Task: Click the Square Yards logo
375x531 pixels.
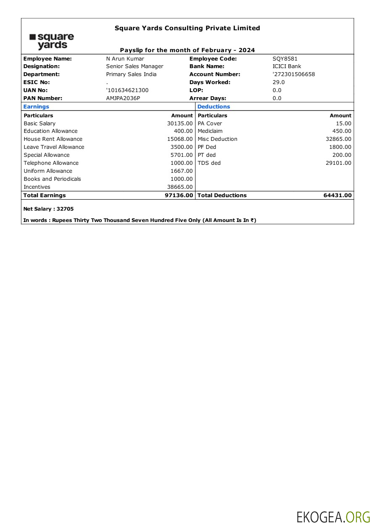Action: click(x=51, y=41)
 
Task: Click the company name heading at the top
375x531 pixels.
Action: click(x=187, y=28)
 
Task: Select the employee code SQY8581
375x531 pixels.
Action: click(x=285, y=59)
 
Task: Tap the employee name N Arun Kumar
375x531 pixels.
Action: click(x=125, y=59)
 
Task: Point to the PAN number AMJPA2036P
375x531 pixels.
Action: click(x=123, y=98)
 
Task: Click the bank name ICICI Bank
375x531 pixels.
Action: click(x=287, y=66)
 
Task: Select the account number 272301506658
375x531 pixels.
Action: click(x=294, y=74)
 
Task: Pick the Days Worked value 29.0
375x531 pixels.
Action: click(x=278, y=82)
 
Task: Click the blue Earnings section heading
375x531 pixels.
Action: click(x=36, y=107)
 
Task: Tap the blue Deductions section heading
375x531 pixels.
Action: click(x=214, y=107)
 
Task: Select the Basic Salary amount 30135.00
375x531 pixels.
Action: click(x=180, y=124)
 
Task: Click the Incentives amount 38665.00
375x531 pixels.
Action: click(x=180, y=187)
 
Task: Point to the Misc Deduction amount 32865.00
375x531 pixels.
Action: click(x=338, y=139)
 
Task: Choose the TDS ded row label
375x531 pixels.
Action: click(x=209, y=163)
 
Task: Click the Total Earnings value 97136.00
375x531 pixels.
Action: click(x=179, y=195)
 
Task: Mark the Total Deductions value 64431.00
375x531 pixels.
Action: click(x=337, y=195)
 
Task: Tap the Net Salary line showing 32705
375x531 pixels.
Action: click(x=48, y=209)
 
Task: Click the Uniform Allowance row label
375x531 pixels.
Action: click(x=48, y=171)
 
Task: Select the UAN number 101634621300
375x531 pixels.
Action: click(x=127, y=90)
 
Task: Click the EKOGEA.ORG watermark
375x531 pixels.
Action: click(x=333, y=517)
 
